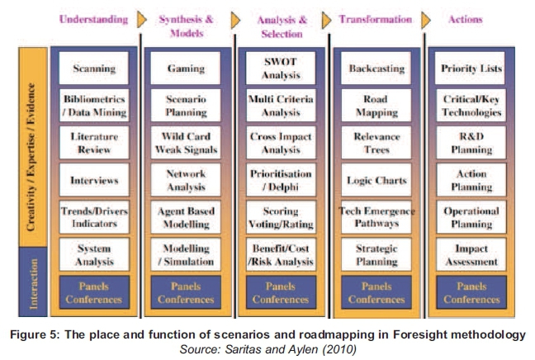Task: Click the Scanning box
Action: click(x=93, y=69)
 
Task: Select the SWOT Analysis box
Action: click(x=280, y=69)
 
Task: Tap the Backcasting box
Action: click(x=375, y=69)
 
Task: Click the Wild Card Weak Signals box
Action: click(x=186, y=143)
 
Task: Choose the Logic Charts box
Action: click(x=375, y=179)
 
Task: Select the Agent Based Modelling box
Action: click(x=186, y=217)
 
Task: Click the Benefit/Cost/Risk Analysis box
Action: click(x=280, y=254)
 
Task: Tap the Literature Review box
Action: click(x=93, y=143)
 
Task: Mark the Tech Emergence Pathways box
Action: click(x=375, y=217)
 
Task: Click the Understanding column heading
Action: click(x=94, y=18)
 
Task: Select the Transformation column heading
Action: click(x=375, y=18)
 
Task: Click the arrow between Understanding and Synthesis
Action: click(x=142, y=18)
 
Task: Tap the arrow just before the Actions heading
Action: click(x=427, y=18)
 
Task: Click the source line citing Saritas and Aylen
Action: click(x=267, y=348)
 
